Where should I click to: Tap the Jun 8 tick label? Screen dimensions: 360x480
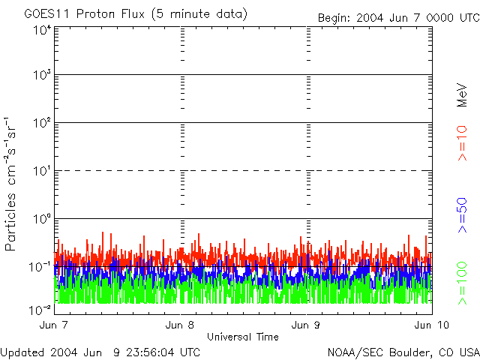click(180, 325)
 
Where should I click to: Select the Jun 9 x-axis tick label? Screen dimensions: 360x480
click(306, 325)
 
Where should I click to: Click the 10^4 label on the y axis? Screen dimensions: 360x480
click(41, 30)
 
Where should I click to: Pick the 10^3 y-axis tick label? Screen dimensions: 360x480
click(41, 75)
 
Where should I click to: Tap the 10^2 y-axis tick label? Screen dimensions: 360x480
click(41, 122)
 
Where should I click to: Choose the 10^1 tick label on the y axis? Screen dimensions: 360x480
click(41, 170)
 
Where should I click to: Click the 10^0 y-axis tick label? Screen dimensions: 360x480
click(41, 218)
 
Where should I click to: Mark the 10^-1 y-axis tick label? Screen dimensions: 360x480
click(40, 266)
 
